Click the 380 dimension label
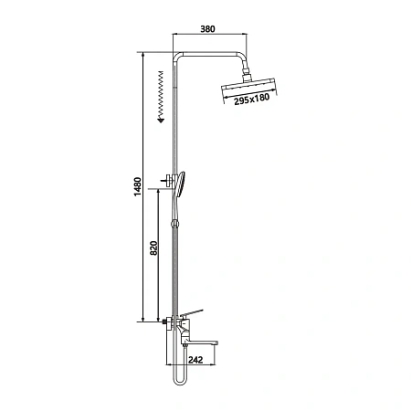tap(207, 28)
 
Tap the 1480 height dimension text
tap(138, 186)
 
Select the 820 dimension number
tap(154, 248)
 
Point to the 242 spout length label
tap(195, 360)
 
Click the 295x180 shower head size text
tap(252, 99)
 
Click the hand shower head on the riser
tap(180, 184)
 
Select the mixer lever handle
tap(192, 312)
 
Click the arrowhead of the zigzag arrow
tap(161, 121)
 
